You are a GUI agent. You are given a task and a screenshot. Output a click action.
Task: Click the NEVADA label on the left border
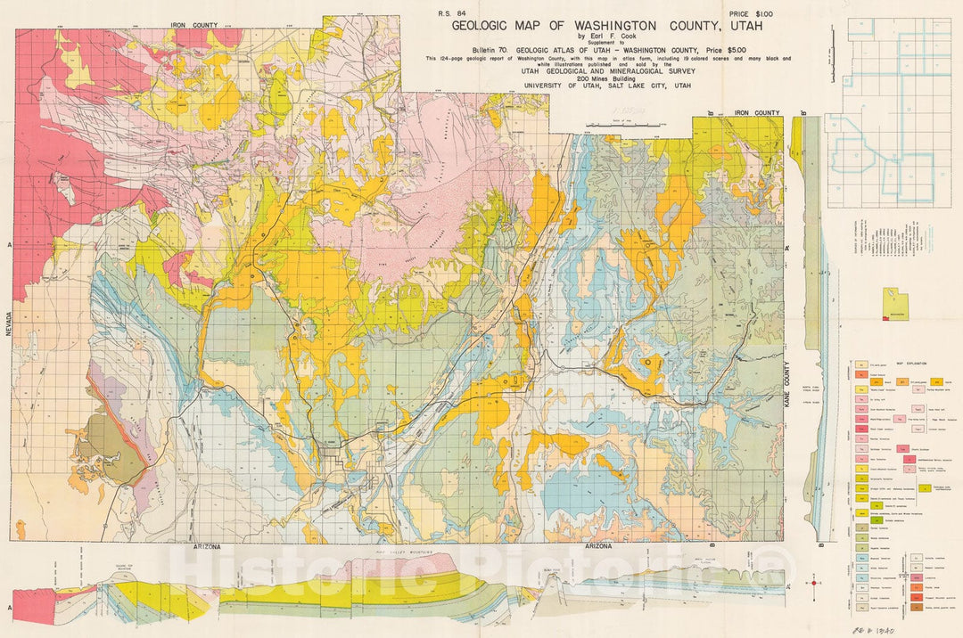6,320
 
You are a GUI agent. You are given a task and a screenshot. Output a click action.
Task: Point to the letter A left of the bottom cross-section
10,608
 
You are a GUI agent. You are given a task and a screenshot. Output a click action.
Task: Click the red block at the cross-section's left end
32,606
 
